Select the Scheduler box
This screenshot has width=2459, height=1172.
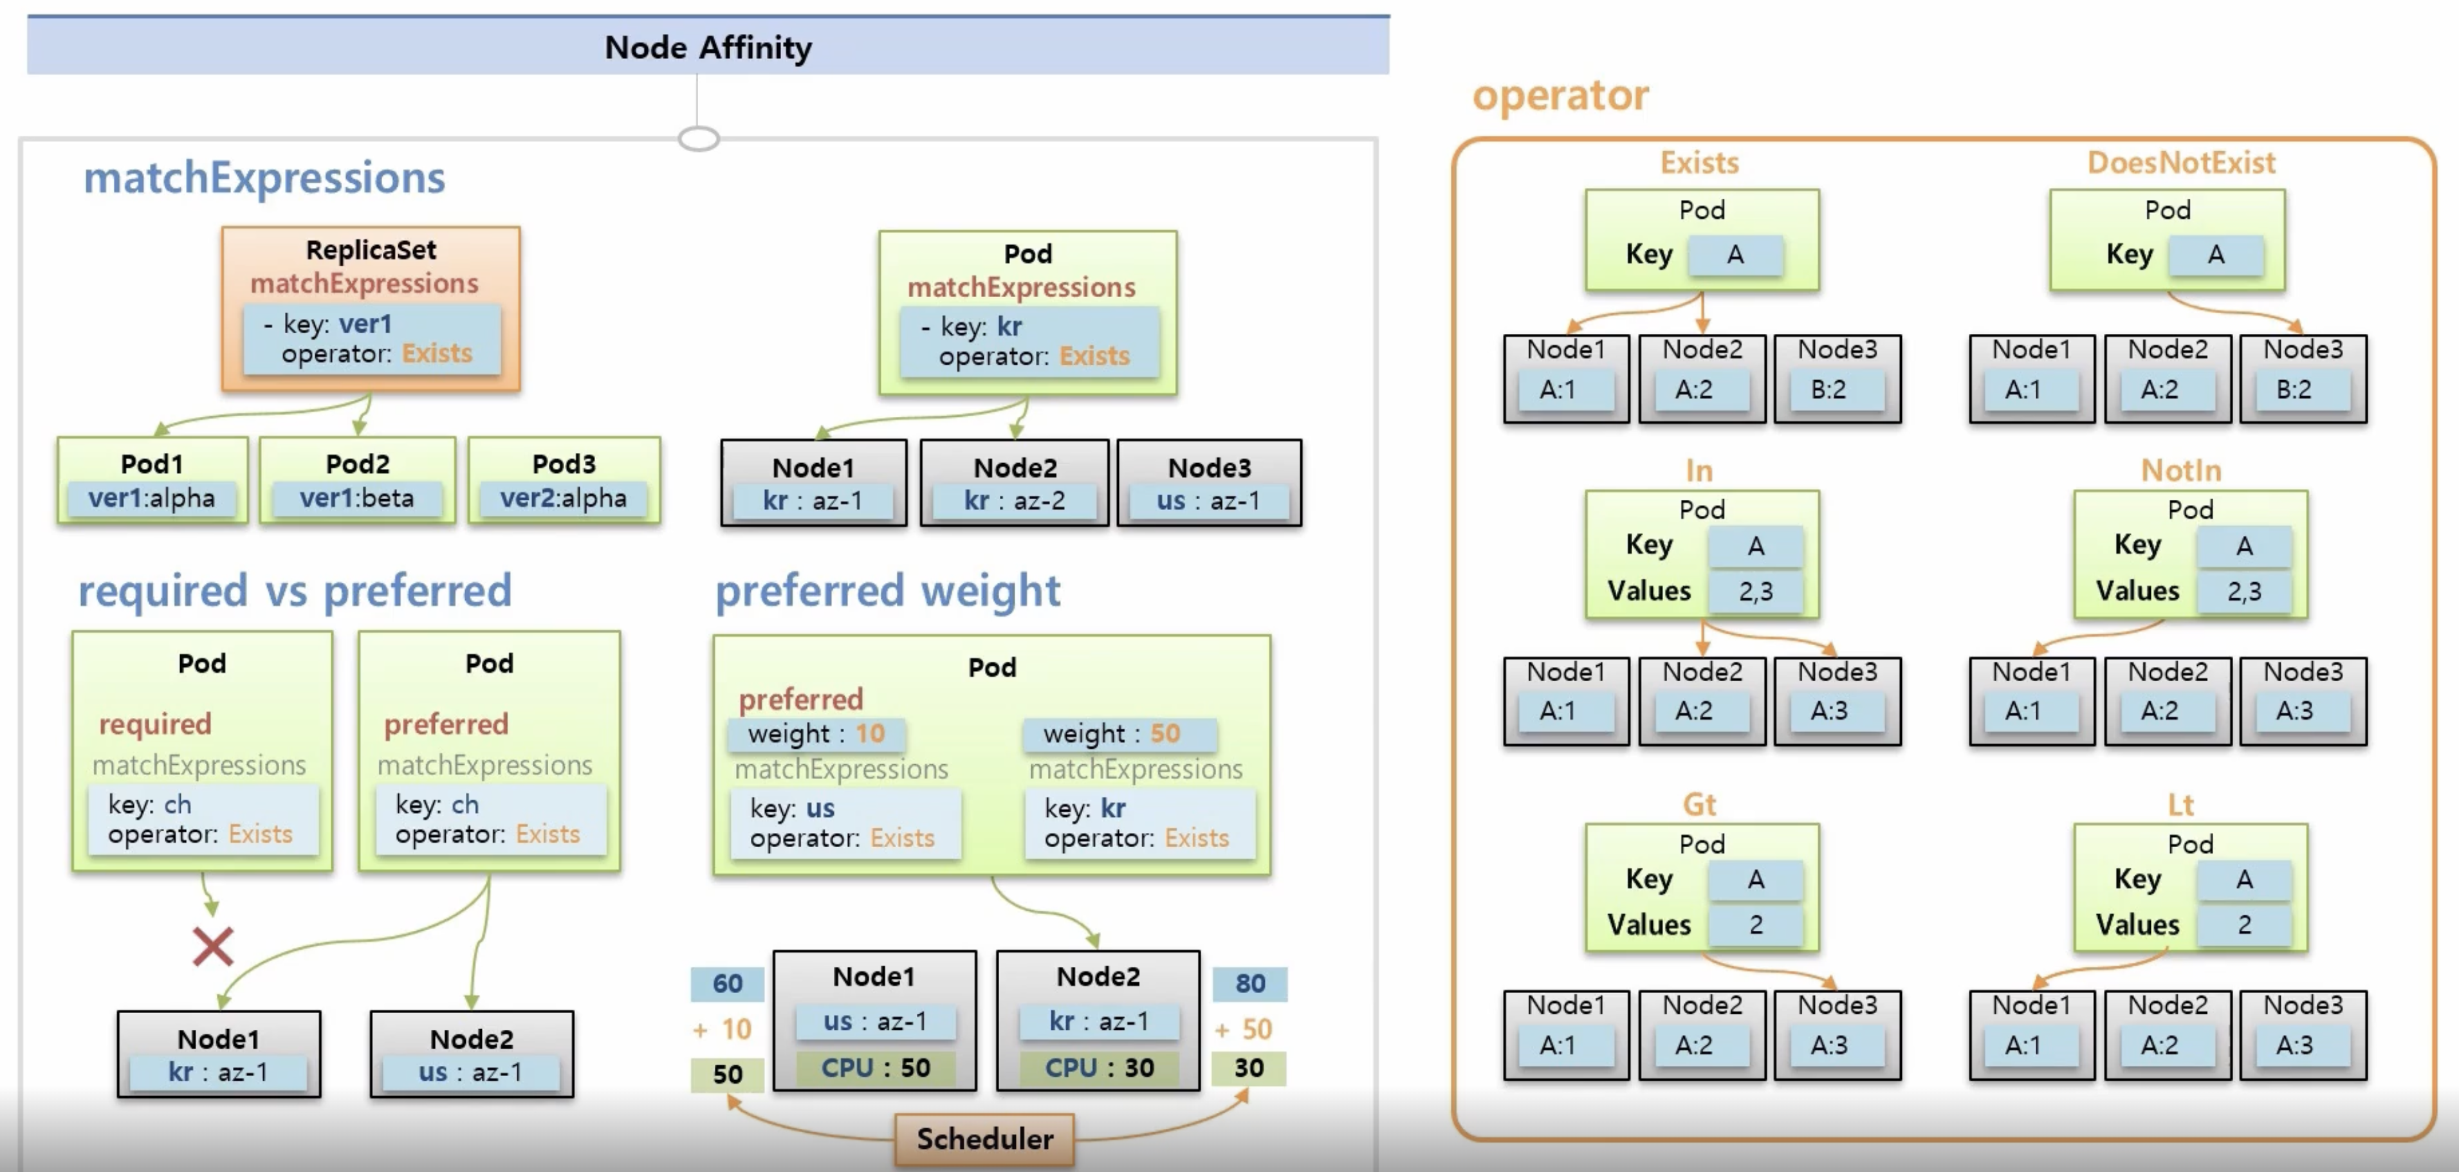point(984,1139)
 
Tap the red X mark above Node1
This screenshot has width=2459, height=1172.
point(212,946)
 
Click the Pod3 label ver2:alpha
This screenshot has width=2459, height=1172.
point(563,498)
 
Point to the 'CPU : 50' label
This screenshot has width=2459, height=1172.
point(876,1067)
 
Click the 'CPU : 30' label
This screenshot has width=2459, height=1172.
point(1099,1067)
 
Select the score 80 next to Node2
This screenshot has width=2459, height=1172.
point(1249,983)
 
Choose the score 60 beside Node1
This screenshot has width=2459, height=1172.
point(728,983)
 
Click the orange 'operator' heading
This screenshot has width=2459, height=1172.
point(1560,95)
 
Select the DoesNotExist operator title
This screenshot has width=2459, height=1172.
point(2180,162)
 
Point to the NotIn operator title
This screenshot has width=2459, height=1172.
point(2180,470)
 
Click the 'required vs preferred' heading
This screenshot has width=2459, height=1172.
point(294,590)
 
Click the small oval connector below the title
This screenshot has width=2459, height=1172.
point(698,140)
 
